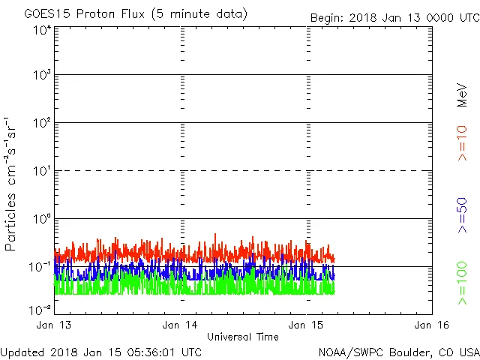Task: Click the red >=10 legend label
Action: tap(463, 142)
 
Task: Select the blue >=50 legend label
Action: tap(463, 217)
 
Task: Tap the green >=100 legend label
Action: tap(463, 283)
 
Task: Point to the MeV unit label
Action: tap(463, 95)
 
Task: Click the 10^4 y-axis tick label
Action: tap(42, 29)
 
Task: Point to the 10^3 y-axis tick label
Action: tap(42, 76)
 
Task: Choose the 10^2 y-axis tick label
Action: tap(42, 124)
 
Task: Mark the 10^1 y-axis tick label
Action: tap(42, 172)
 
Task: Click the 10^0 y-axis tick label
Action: tap(42, 220)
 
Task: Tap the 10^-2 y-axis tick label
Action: tap(40, 310)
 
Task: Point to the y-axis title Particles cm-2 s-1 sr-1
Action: tap(12, 184)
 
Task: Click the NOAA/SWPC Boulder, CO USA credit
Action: tap(398, 352)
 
